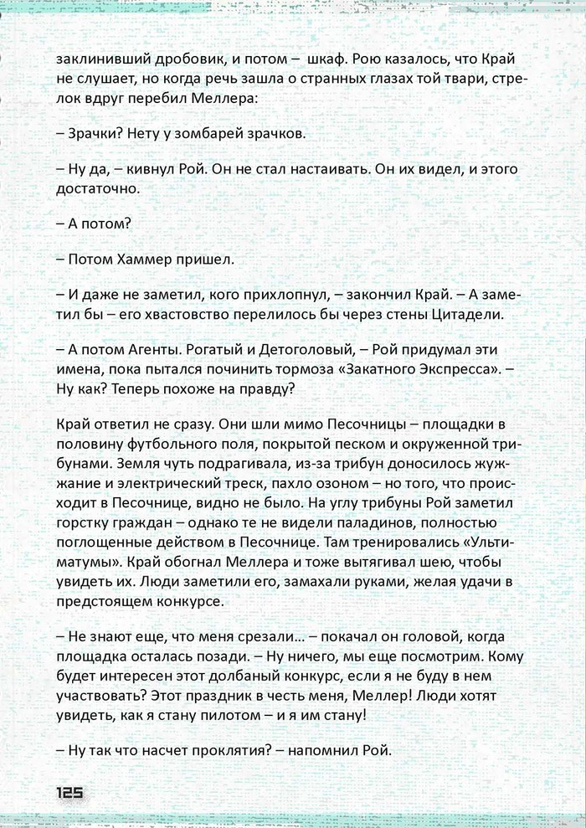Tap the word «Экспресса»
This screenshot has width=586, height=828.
(466, 370)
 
